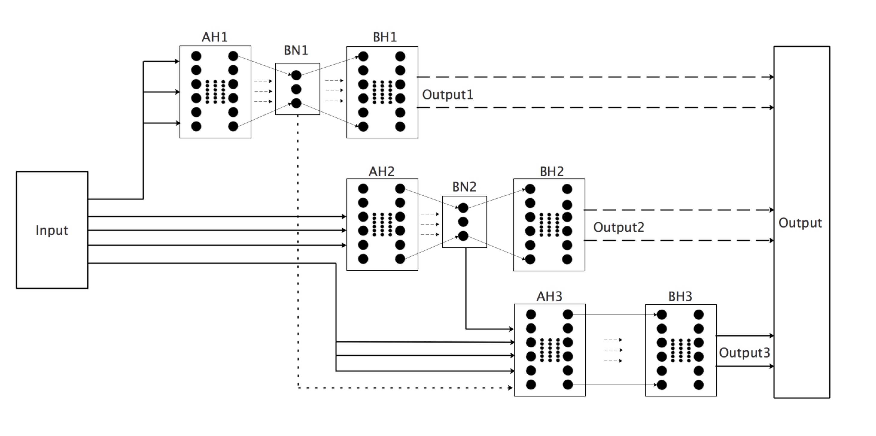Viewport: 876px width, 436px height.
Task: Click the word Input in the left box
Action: [x=52, y=230]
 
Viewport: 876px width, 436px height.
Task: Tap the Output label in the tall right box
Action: [x=800, y=222]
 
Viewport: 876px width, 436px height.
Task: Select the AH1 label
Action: [x=215, y=37]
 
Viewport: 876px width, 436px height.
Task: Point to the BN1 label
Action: [x=296, y=50]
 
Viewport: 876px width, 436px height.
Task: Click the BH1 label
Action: [x=385, y=37]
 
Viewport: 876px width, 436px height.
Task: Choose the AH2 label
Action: [x=381, y=171]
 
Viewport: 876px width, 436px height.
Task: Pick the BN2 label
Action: [x=464, y=187]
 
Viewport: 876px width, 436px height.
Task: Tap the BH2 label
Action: [x=552, y=171]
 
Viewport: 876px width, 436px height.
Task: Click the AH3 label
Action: [x=549, y=296]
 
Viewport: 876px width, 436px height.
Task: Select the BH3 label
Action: [x=680, y=296]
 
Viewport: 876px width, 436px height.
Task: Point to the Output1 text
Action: [x=448, y=95]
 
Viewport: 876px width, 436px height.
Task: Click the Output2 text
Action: [x=619, y=227]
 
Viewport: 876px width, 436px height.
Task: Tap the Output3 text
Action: [x=744, y=353]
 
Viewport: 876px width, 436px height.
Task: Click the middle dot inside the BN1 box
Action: [x=296, y=89]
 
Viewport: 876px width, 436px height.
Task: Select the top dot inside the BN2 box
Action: [x=463, y=208]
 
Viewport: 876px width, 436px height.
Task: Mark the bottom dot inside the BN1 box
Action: [x=296, y=103]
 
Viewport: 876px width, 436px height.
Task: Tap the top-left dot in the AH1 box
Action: [x=196, y=56]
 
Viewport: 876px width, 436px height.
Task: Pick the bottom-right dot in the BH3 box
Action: [x=699, y=385]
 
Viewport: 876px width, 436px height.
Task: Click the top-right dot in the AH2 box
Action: [x=400, y=188]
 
